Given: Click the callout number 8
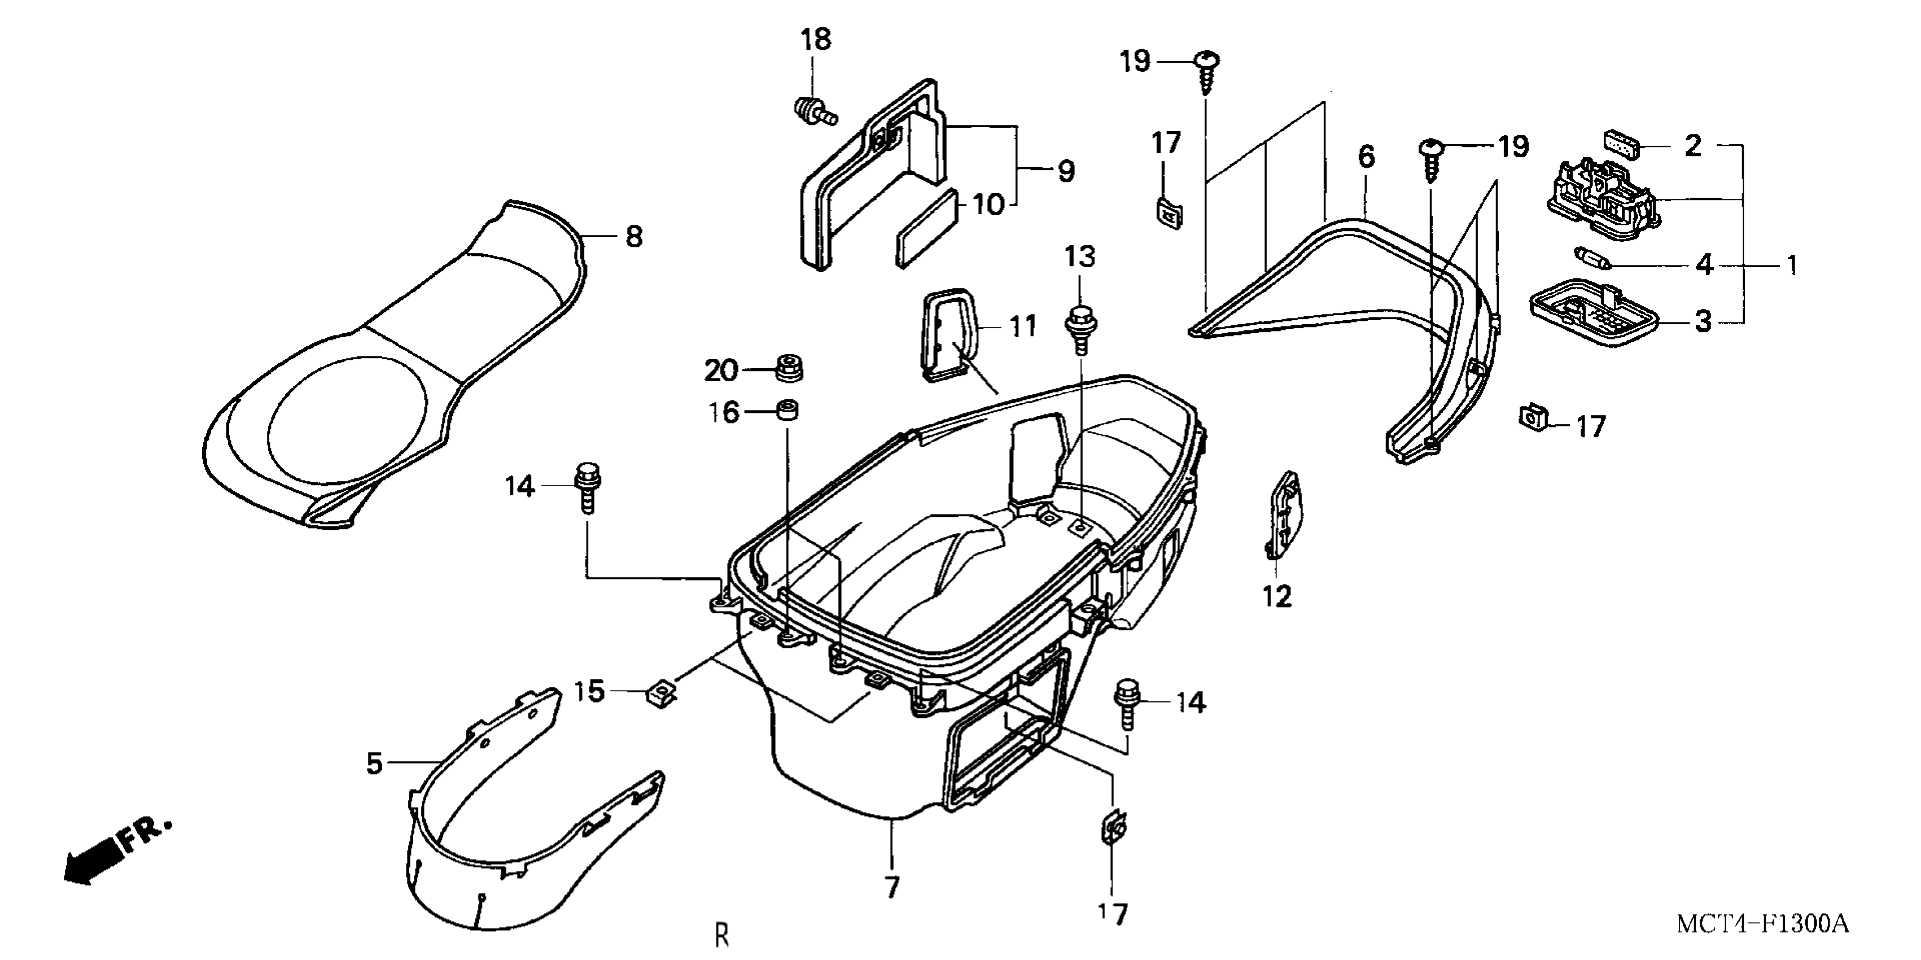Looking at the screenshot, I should (633, 237).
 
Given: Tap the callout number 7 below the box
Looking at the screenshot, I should (892, 888).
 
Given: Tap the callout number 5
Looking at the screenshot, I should (374, 763).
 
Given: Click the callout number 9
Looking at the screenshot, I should (1066, 172).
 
